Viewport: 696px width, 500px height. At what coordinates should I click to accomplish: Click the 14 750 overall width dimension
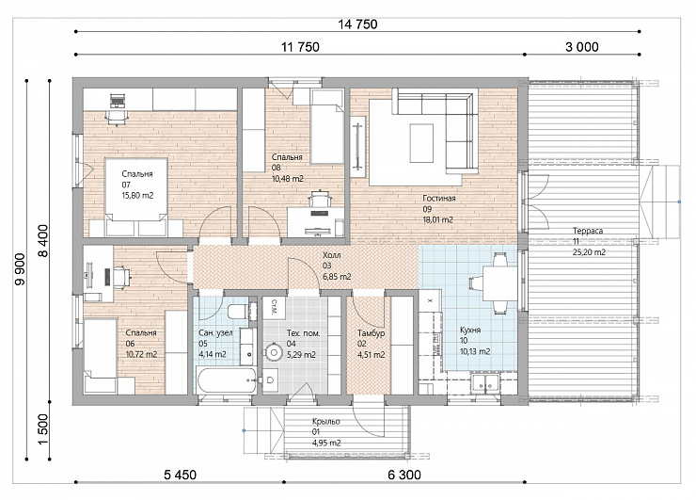tap(357, 24)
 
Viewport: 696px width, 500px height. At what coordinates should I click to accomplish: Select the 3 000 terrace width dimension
tap(581, 47)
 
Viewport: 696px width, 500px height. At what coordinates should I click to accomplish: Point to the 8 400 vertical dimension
tap(43, 240)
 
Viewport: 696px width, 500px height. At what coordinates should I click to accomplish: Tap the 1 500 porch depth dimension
tap(43, 428)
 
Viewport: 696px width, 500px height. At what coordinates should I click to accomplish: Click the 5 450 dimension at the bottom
tap(180, 475)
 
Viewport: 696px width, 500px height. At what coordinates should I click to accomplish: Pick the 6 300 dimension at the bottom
tap(404, 475)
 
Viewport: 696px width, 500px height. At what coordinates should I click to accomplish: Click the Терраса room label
tap(588, 231)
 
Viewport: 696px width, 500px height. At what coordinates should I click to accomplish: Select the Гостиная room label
tap(439, 199)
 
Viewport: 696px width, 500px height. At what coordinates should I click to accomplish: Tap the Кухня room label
tap(470, 331)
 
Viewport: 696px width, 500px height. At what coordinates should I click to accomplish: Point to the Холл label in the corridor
tap(332, 255)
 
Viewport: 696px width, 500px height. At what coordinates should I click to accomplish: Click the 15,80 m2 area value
tap(137, 196)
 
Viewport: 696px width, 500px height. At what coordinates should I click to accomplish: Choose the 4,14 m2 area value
tap(213, 354)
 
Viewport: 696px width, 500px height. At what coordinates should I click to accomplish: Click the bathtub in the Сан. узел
tap(227, 380)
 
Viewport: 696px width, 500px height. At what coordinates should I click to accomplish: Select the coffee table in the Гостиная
tap(421, 143)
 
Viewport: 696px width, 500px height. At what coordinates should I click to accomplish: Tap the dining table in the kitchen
tap(499, 283)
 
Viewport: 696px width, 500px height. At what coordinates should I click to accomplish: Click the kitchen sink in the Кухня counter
tap(485, 382)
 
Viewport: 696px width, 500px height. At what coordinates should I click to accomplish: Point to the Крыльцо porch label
tap(325, 421)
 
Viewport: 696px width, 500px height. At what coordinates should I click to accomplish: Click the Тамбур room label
tap(372, 333)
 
